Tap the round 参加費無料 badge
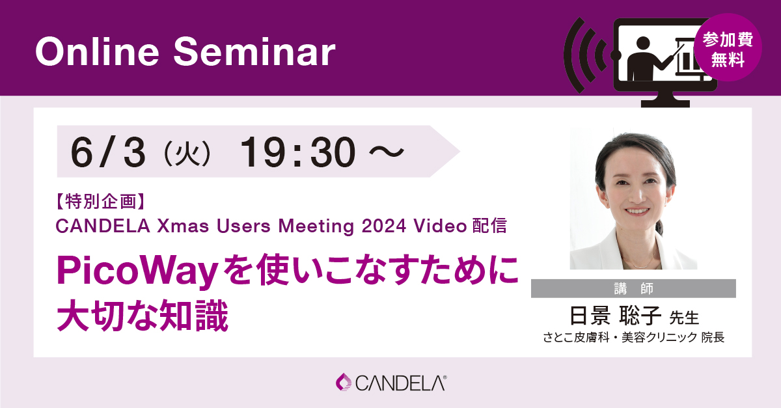(x=728, y=49)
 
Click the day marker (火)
(x=184, y=153)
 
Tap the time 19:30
(x=298, y=152)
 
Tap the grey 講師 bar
(x=633, y=288)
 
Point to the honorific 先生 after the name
(x=684, y=318)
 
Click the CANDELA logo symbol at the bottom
(x=343, y=382)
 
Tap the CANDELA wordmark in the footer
(x=400, y=383)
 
